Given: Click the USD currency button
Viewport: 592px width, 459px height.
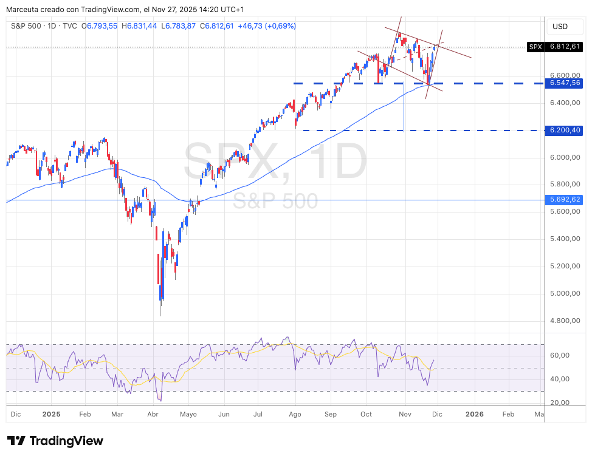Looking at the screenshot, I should coord(559,27).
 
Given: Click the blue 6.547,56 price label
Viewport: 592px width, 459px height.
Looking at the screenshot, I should coord(565,83).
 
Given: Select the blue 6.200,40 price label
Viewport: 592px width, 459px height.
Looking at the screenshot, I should coord(565,130).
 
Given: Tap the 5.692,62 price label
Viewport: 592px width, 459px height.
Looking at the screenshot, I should coord(565,199).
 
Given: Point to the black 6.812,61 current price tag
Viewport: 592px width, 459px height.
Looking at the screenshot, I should coord(565,46).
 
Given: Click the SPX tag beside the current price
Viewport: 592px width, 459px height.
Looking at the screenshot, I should coord(535,46).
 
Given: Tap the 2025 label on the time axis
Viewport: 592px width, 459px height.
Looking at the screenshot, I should coord(51,414).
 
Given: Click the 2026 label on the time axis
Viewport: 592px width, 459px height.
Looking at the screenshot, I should coord(474,414).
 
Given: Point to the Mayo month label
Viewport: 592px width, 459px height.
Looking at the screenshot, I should coord(188,414).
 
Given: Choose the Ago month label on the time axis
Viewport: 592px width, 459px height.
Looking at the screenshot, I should coord(295,414).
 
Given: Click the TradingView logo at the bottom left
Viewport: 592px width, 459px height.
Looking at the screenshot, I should coord(55,441).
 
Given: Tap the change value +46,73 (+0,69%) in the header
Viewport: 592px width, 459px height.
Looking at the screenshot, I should coord(267,26).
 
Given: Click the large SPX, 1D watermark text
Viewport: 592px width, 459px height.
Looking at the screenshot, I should coord(275,161).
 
